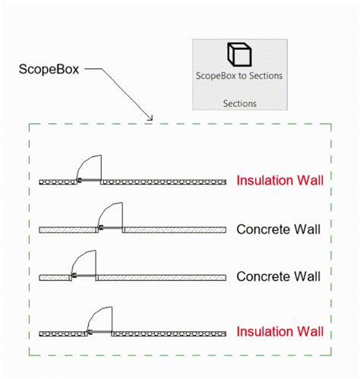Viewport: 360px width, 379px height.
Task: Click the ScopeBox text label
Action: [x=48, y=69]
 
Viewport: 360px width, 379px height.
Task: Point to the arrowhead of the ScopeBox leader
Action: [x=150, y=118]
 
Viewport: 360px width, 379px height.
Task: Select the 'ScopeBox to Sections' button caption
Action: [x=240, y=76]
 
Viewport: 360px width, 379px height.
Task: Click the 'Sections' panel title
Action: [x=240, y=102]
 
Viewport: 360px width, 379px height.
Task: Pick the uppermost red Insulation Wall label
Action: [x=279, y=181]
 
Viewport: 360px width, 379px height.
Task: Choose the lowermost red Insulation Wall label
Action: [x=279, y=332]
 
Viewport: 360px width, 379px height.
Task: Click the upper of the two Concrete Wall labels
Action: [x=278, y=229]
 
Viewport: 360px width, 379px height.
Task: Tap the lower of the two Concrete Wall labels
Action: [x=278, y=276]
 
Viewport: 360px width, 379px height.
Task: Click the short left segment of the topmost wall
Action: [x=57, y=182]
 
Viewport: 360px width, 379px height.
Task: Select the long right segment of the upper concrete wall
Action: [x=175, y=229]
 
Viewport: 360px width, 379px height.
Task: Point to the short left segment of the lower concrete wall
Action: [x=54, y=277]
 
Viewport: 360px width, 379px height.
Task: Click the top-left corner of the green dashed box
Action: [x=30, y=124]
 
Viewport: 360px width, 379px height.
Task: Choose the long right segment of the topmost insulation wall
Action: [x=164, y=182]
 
